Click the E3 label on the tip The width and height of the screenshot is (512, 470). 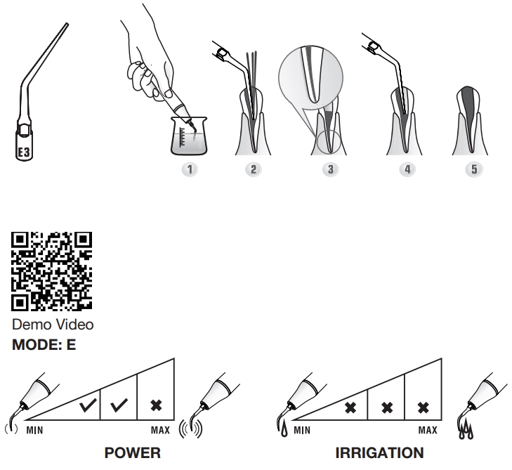tap(23, 152)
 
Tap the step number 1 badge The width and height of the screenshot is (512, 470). tap(190, 169)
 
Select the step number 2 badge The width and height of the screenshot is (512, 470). tap(254, 169)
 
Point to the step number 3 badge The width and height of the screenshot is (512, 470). tap(331, 169)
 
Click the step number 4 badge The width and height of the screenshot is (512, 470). tap(407, 169)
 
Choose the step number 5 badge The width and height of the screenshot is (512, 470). tap(474, 169)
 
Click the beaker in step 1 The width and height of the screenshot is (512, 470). tap(189, 136)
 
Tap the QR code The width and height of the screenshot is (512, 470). tap(51, 271)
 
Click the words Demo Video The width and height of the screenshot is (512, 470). tap(53, 325)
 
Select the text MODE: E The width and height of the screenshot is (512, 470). tap(44, 345)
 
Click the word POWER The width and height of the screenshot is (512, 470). tap(133, 453)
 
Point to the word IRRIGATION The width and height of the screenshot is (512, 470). tap(380, 453)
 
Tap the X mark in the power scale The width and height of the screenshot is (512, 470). tap(157, 405)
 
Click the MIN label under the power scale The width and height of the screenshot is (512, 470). tap(34, 430)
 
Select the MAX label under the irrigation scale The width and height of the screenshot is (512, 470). tap(428, 430)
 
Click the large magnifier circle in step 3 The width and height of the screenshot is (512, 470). tap(311, 77)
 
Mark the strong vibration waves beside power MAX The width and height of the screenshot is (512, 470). tap(191, 429)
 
